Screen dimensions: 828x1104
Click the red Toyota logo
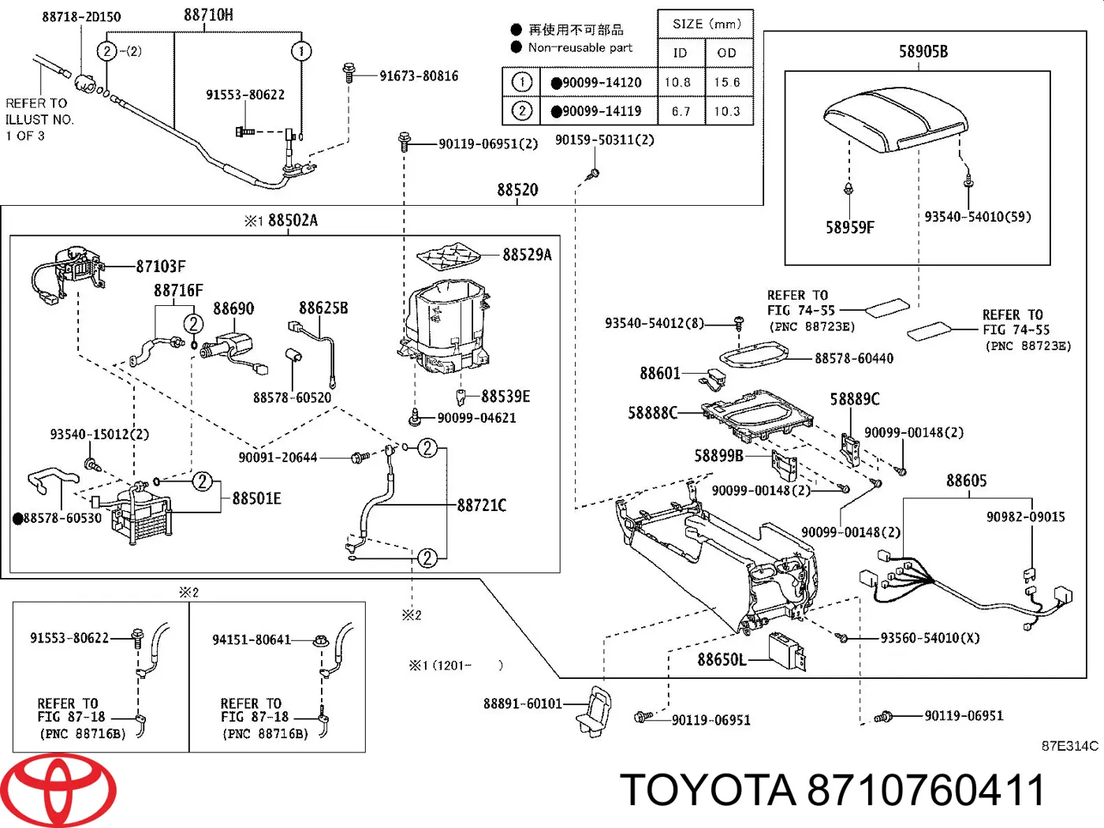(58, 790)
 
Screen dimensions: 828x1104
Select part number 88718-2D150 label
(81, 17)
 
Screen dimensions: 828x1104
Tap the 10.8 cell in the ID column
(677, 82)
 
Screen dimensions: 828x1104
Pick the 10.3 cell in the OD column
(726, 111)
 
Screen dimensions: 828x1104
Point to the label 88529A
(527, 255)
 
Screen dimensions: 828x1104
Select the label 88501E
(256, 498)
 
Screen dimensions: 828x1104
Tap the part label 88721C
(481, 505)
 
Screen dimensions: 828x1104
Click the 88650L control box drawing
(786, 651)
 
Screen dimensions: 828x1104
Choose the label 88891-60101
(522, 703)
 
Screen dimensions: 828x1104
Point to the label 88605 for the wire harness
(966, 481)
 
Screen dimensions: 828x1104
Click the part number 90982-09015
(1025, 517)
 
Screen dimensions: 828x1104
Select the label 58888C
(652, 412)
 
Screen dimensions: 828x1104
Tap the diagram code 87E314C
(1069, 746)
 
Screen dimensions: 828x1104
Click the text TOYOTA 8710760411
(832, 790)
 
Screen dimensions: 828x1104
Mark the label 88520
(517, 190)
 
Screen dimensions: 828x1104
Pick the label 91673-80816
(418, 76)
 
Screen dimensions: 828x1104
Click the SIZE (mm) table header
(706, 24)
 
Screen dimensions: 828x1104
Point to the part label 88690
(233, 308)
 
